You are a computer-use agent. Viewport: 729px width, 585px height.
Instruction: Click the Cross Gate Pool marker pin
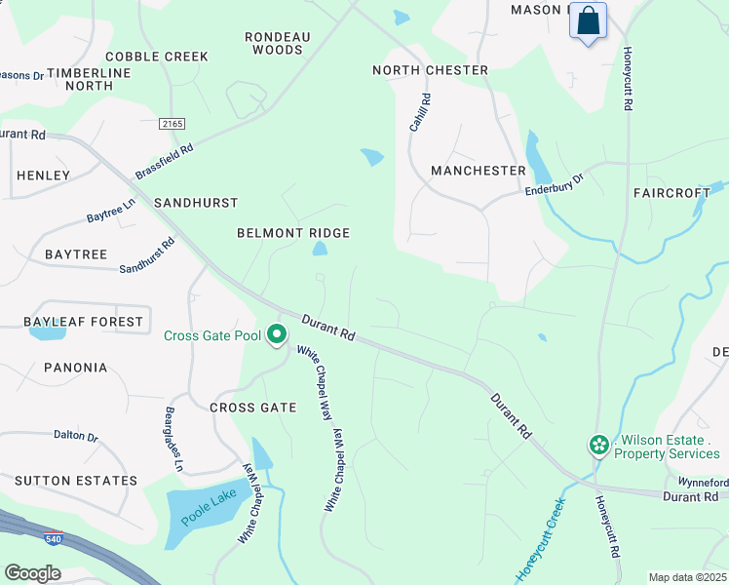tap(277, 335)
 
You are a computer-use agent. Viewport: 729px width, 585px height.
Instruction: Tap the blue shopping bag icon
tap(588, 21)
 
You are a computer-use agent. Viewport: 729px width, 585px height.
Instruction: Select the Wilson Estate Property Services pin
tap(598, 446)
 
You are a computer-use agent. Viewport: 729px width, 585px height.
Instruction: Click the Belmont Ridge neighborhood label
tap(293, 233)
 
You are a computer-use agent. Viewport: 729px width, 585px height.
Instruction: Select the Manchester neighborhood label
tap(479, 171)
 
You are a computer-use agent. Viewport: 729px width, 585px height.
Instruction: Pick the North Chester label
tap(430, 70)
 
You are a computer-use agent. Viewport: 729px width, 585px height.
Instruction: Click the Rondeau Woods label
tap(277, 43)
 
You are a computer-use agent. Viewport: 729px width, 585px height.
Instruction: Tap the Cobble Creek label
tap(157, 57)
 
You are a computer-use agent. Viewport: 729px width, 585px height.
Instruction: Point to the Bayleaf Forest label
tap(84, 322)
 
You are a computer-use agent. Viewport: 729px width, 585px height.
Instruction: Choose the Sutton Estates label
tap(75, 481)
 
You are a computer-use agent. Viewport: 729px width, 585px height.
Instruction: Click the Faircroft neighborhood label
tap(671, 193)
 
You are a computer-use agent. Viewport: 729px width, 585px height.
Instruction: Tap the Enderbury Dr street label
tap(554, 186)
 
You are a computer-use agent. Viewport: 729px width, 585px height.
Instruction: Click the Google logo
tap(32, 573)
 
